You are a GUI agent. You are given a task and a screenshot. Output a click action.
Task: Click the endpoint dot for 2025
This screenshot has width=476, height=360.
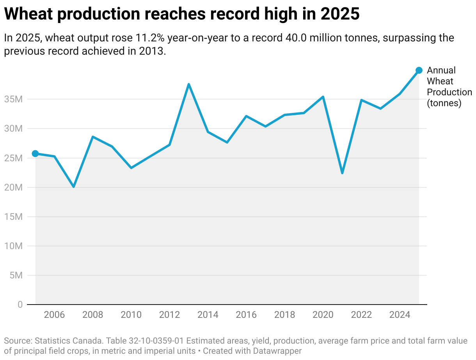pyautogui.click(x=419, y=70)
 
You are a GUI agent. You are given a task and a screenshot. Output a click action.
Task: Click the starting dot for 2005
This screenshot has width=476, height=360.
pyautogui.click(x=35, y=153)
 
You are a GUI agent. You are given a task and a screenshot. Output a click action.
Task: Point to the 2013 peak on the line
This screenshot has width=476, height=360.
pyautogui.click(x=188, y=84)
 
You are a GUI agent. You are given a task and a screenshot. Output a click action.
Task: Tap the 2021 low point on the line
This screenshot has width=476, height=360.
pyautogui.click(x=342, y=173)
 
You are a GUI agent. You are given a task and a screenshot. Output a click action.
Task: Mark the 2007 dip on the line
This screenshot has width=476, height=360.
pyautogui.click(x=73, y=187)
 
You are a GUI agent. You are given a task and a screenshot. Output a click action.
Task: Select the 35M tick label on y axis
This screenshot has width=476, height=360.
pyautogui.click(x=14, y=99)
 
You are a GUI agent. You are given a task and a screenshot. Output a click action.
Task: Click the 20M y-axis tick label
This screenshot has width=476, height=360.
pyautogui.click(x=14, y=187)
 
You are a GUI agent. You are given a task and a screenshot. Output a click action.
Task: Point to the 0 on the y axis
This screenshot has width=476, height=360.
pyautogui.click(x=20, y=305)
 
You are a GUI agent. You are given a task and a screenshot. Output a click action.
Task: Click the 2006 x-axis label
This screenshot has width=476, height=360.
pyautogui.click(x=54, y=315)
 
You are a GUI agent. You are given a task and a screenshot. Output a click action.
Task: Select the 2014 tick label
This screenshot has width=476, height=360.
pyautogui.click(x=208, y=315)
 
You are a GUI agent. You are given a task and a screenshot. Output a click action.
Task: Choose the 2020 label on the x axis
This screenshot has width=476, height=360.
pyautogui.click(x=323, y=315)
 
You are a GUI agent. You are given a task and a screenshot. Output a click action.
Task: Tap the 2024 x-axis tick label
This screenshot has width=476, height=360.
pyautogui.click(x=400, y=315)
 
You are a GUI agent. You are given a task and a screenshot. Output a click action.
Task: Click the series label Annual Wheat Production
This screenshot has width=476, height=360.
pyautogui.click(x=449, y=87)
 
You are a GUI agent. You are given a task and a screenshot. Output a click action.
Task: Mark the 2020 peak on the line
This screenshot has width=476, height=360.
pyautogui.click(x=323, y=97)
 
